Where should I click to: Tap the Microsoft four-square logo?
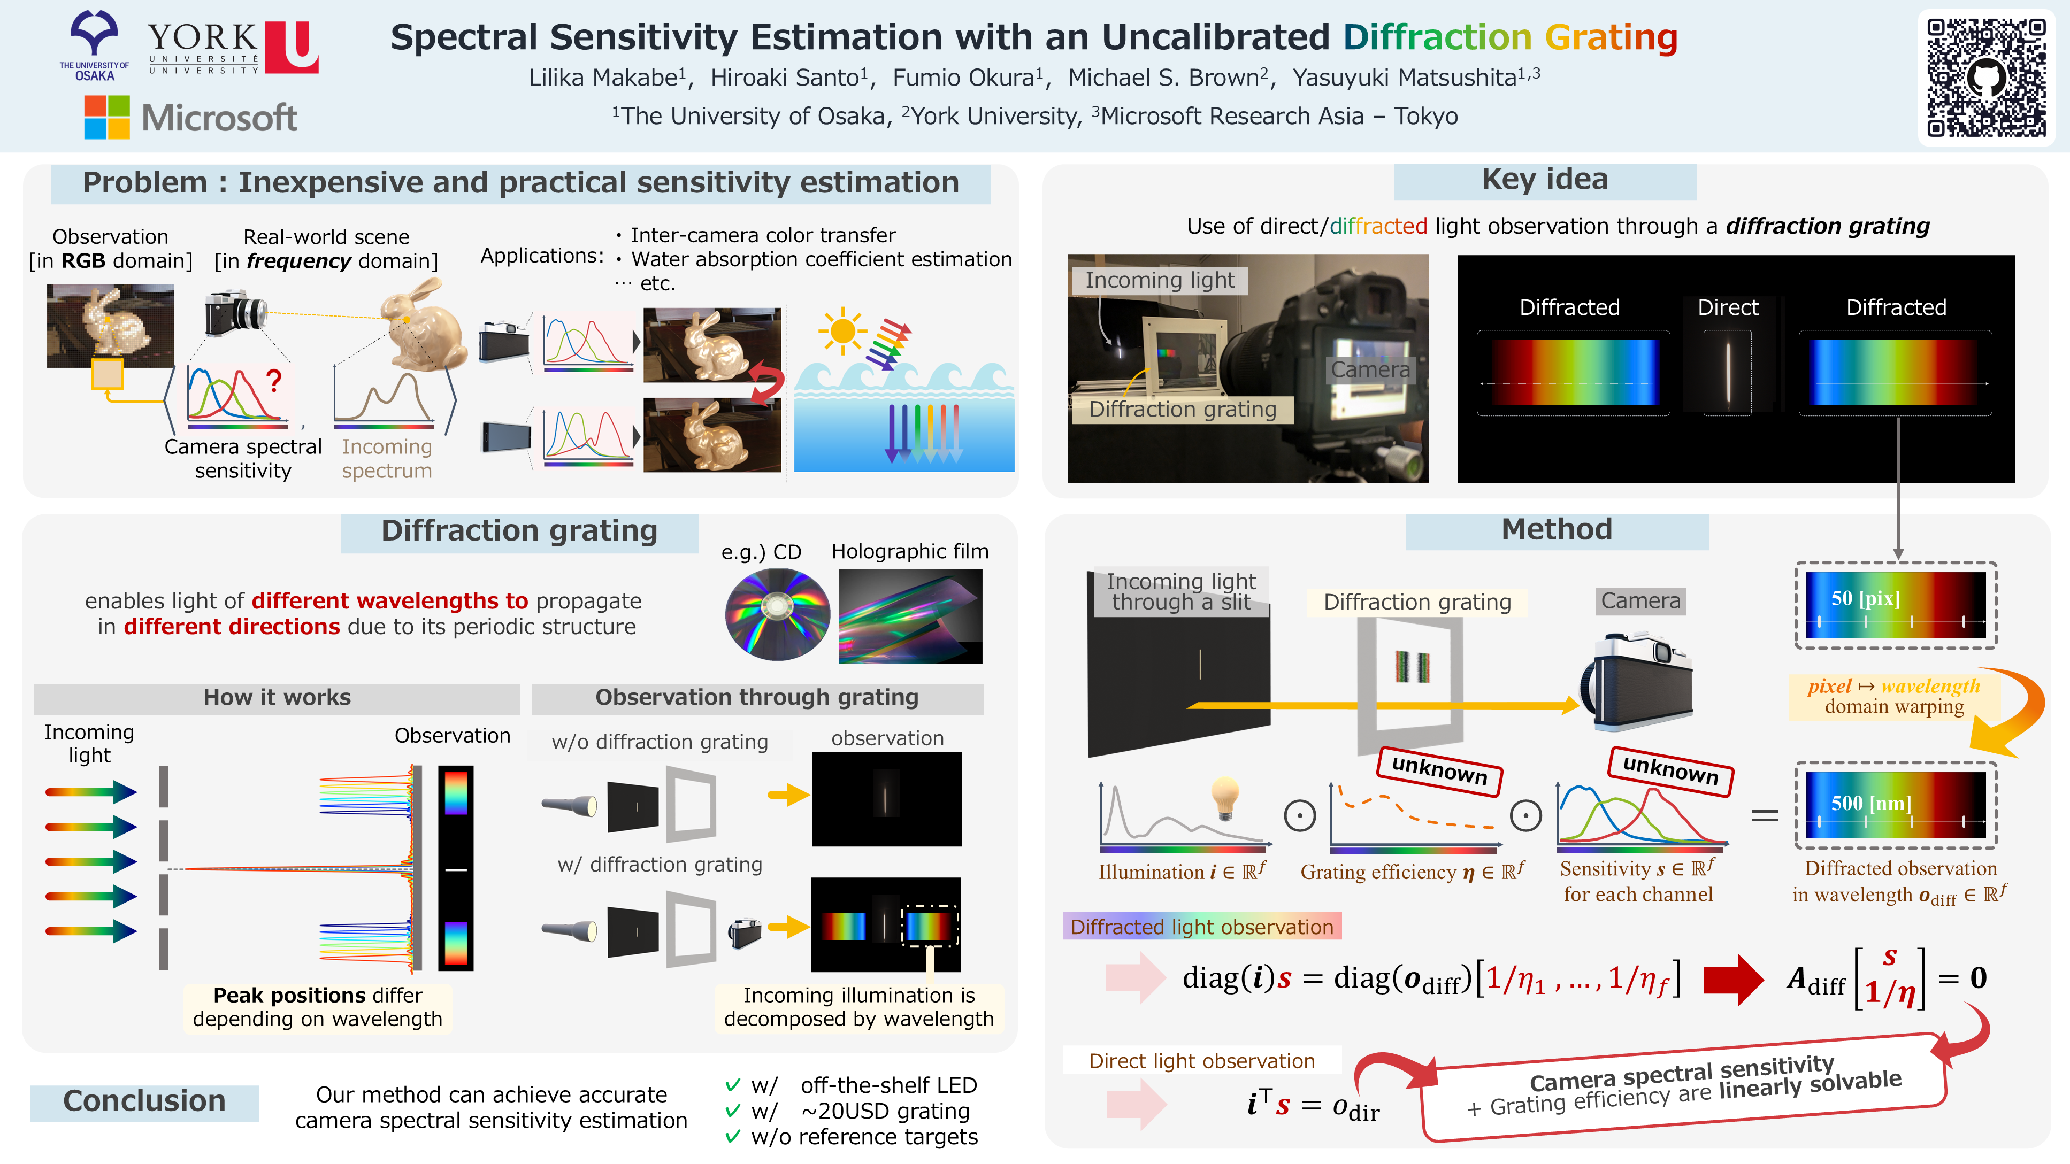[107, 117]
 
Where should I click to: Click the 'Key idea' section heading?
[1544, 180]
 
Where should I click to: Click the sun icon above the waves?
[842, 330]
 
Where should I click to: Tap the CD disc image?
[777, 614]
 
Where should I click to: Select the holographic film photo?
[910, 616]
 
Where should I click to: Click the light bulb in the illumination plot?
[1225, 798]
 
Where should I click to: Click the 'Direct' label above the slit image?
[1727, 307]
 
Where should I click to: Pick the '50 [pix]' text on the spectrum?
[1865, 598]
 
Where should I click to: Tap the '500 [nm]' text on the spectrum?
[1870, 803]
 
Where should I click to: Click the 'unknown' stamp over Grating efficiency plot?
[1439, 770]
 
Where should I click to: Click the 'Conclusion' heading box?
[144, 1101]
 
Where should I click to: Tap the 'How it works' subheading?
[277, 697]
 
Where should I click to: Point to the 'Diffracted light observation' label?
[1201, 927]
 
